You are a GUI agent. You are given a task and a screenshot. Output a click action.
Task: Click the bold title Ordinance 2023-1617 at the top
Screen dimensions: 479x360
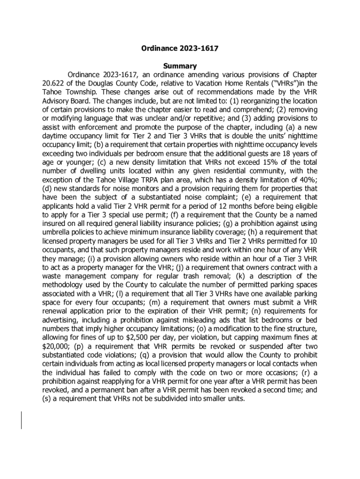pos(180,48)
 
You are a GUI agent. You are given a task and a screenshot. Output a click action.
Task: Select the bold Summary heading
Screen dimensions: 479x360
pos(180,66)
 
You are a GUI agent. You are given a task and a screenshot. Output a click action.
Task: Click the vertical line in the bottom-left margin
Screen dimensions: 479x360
pos(21,420)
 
